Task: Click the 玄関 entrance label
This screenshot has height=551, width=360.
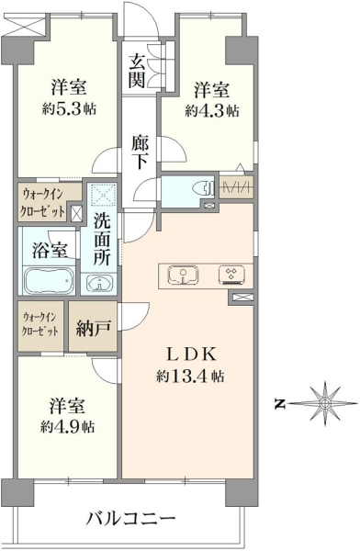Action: (137, 72)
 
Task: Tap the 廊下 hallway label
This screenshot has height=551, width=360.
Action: (140, 152)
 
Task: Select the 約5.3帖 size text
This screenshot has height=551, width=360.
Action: (69, 109)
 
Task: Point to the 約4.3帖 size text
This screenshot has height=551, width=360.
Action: (212, 111)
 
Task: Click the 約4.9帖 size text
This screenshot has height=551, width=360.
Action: (67, 427)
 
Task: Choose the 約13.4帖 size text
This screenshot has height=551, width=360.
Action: (190, 377)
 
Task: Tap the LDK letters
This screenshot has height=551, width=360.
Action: (190, 354)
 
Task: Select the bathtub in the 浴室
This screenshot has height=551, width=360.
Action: (50, 280)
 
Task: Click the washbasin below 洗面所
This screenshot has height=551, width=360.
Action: (99, 283)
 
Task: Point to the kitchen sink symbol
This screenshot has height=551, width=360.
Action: (183, 275)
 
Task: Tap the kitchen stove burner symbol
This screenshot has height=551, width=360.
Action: (231, 275)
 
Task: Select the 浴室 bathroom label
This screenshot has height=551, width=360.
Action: (50, 250)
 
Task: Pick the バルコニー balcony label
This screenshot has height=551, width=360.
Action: (130, 518)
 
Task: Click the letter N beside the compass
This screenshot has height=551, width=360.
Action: (279, 404)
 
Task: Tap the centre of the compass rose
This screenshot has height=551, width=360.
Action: (325, 403)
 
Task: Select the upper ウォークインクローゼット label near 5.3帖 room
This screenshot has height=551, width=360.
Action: (43, 202)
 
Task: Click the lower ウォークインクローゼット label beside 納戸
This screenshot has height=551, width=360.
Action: (39, 324)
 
